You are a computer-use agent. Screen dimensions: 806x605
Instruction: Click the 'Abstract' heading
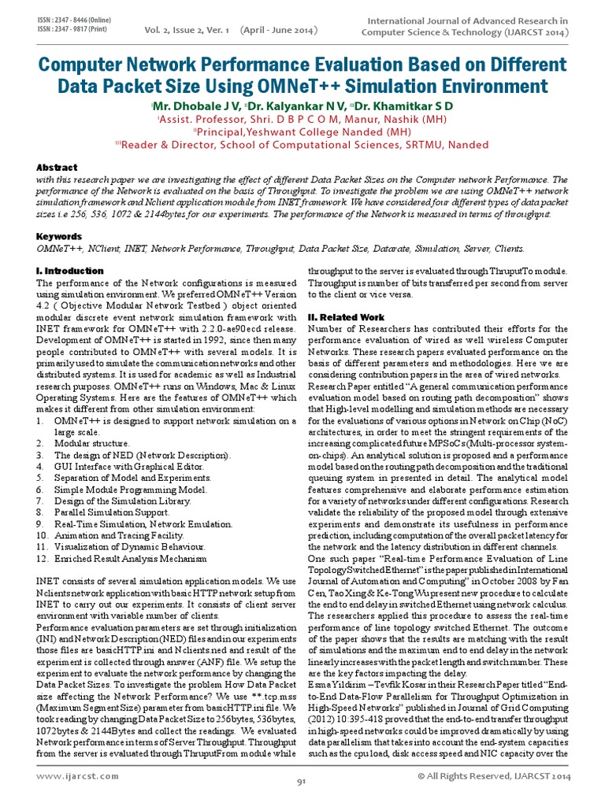click(x=58, y=168)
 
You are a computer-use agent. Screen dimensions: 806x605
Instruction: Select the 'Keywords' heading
click(x=60, y=236)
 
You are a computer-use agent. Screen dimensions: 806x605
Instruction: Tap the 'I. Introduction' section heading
click(x=70, y=271)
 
